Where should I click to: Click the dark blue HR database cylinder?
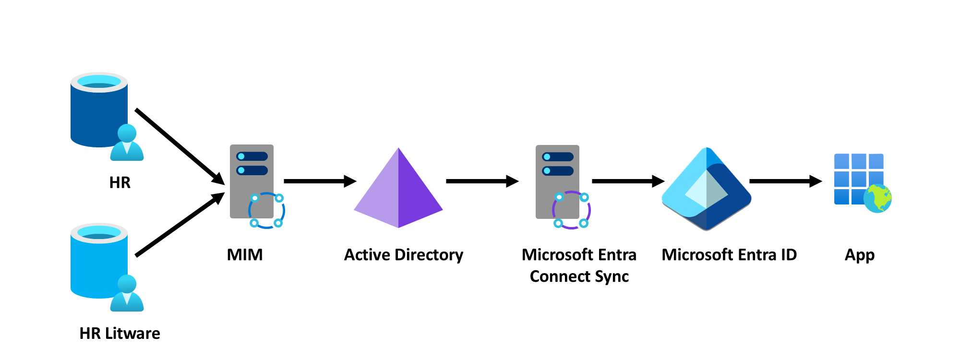tap(96, 115)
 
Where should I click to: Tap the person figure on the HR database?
tap(127, 144)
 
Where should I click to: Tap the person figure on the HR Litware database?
tap(127, 294)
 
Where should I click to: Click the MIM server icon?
tap(252, 181)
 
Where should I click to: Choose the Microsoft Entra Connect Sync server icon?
tap(558, 181)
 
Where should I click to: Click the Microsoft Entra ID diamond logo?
tap(706, 190)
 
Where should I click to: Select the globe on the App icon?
tap(877, 198)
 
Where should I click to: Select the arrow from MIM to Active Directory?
tap(319, 181)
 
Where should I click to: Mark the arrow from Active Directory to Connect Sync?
tap(481, 181)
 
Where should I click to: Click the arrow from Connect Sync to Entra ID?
tap(627, 181)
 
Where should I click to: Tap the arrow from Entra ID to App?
tap(785, 181)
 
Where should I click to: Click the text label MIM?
tap(245, 254)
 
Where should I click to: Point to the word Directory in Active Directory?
tap(429, 255)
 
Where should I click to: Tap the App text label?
tap(859, 255)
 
